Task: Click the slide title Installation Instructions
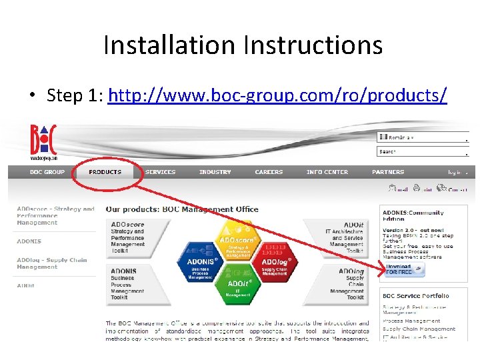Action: point(243,45)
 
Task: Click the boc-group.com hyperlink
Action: point(277,95)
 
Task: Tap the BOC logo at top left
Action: point(43,141)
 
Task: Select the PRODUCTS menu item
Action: point(105,172)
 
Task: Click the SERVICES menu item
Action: point(161,172)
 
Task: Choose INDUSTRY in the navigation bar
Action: point(215,172)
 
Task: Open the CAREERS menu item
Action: point(269,172)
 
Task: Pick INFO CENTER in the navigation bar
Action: point(327,172)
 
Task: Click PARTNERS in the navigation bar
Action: point(388,172)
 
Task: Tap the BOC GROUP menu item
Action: point(47,172)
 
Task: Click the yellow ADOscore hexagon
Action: point(238,239)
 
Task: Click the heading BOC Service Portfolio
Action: point(415,295)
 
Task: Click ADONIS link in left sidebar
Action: point(29,241)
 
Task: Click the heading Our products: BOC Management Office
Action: point(182,209)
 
